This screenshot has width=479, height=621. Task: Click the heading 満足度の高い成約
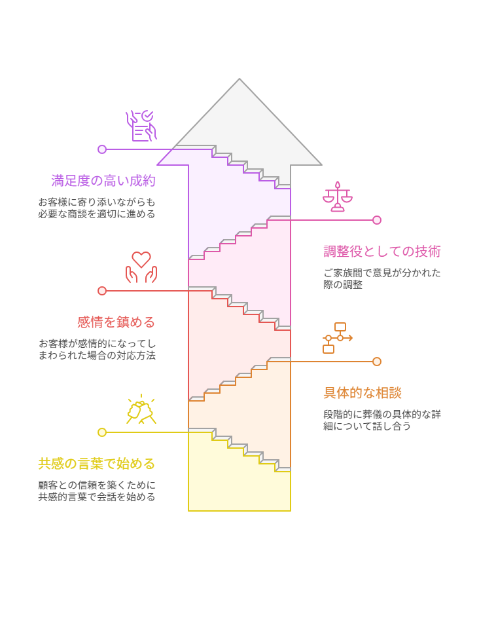coord(103,181)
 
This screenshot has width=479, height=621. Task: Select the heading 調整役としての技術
coord(382,252)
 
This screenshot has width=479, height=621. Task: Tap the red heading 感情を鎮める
coord(116,322)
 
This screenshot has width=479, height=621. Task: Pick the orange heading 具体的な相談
coord(363,393)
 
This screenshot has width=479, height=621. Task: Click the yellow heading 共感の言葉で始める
coord(97,464)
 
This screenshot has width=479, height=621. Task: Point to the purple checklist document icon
coord(141,126)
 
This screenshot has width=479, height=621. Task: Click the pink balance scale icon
coord(338,197)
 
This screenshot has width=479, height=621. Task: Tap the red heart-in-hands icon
coord(141,267)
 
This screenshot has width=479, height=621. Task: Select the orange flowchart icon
coord(338,338)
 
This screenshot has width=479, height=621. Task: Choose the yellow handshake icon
coord(141,410)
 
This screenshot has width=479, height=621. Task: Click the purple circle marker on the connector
coord(102,149)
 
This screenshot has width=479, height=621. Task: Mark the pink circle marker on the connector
coord(377,220)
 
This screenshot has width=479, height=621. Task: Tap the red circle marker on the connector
coord(102,291)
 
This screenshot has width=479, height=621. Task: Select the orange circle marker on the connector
coord(377,362)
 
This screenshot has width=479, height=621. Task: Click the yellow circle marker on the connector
coord(102,432)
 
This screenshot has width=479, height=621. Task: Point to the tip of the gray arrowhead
coord(239,80)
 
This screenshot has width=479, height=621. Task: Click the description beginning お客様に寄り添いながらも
coord(97,208)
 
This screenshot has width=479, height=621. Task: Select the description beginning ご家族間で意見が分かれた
coord(382,278)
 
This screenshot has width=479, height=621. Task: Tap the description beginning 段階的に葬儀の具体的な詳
coord(382,420)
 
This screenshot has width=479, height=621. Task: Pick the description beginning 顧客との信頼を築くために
coord(97,491)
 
